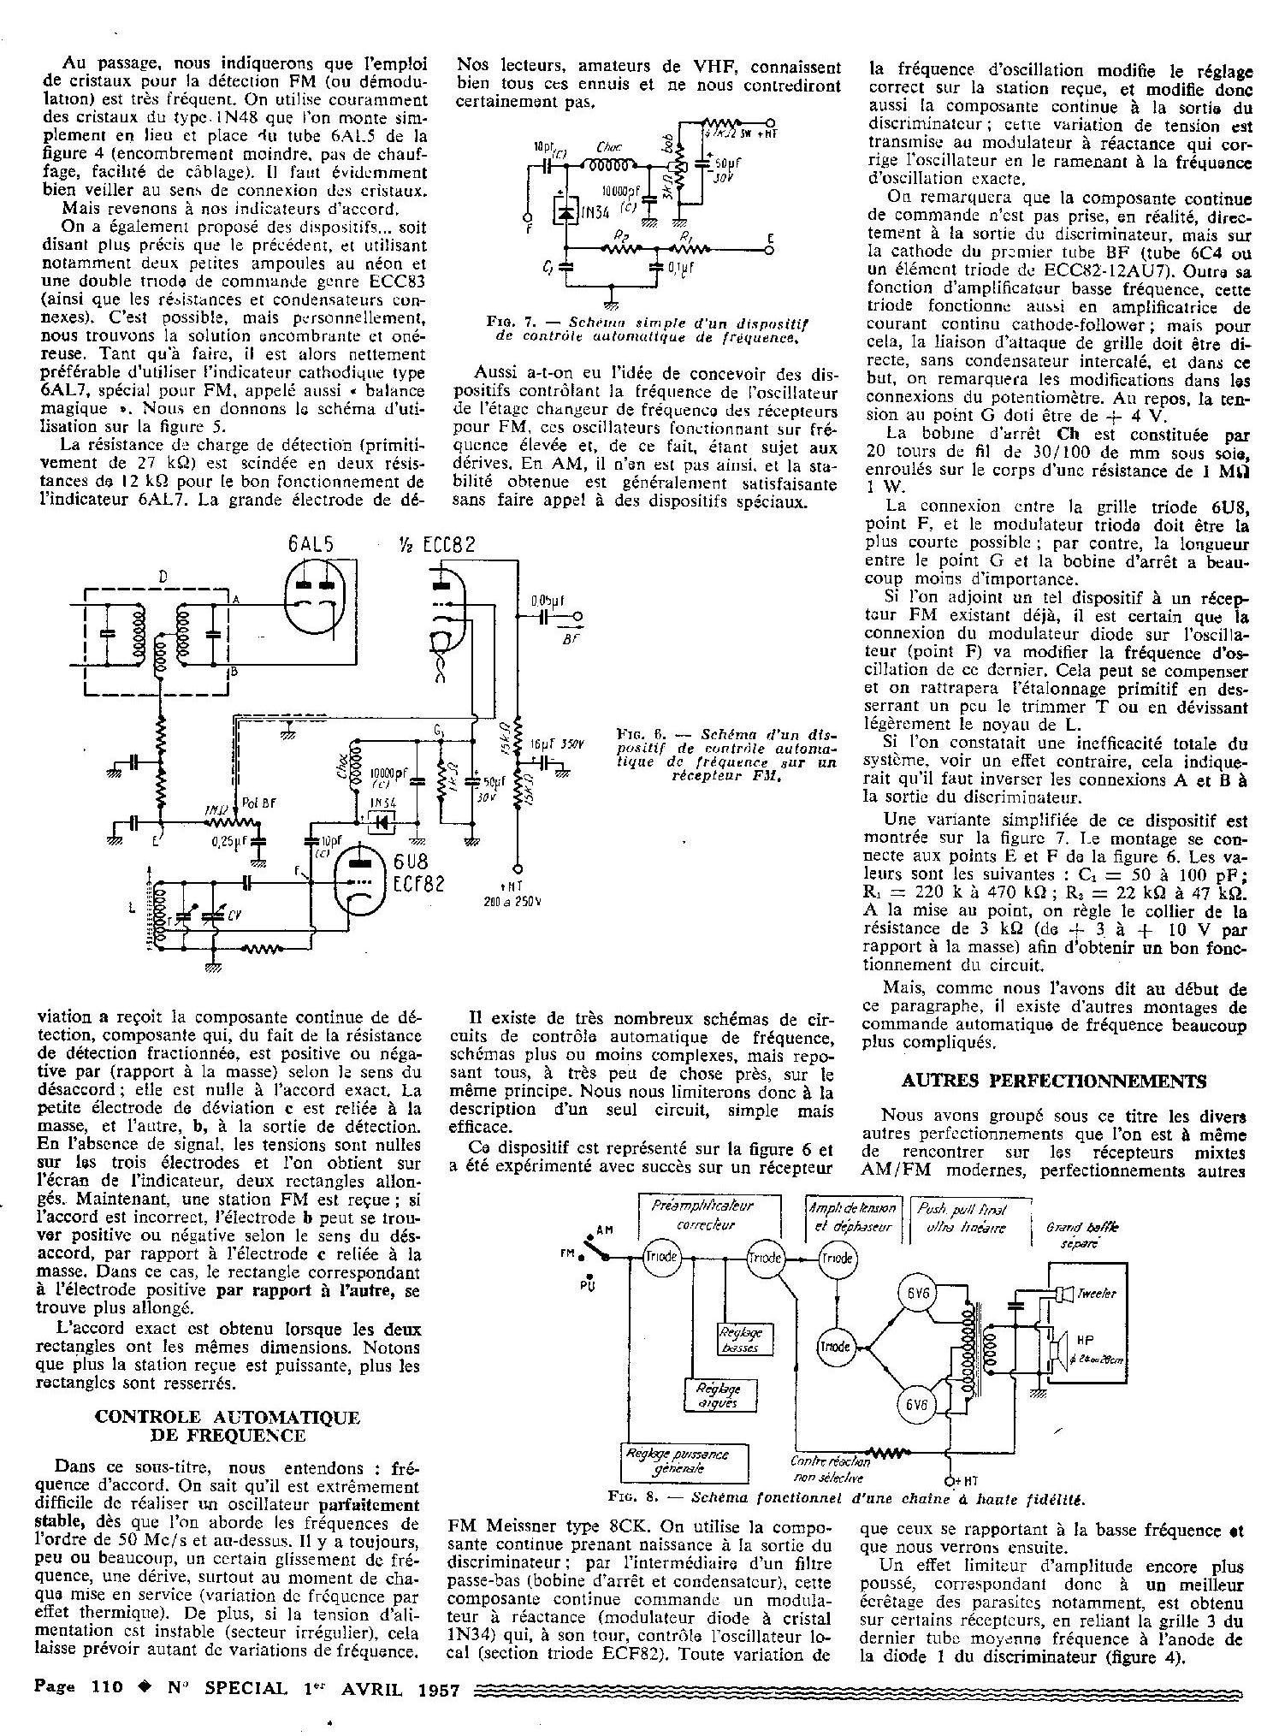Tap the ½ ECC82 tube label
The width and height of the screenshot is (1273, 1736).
[436, 546]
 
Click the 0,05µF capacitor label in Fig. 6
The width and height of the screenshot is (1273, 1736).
[548, 601]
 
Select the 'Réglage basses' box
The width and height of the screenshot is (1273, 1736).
[741, 1341]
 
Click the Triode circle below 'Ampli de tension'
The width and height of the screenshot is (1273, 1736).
[835, 1258]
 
